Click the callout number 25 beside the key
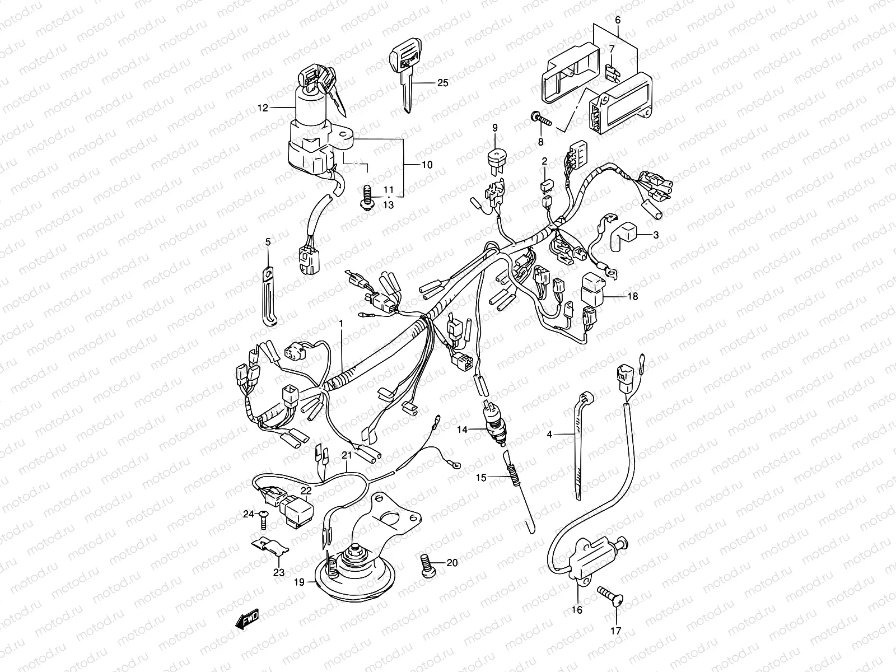tap(442, 83)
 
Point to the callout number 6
tap(618, 20)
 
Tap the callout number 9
tap(495, 128)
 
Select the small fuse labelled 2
tap(544, 185)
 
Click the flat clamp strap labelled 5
tap(269, 297)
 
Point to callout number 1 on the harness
tap(340, 324)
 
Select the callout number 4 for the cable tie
tap(549, 434)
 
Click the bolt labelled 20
tap(427, 562)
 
